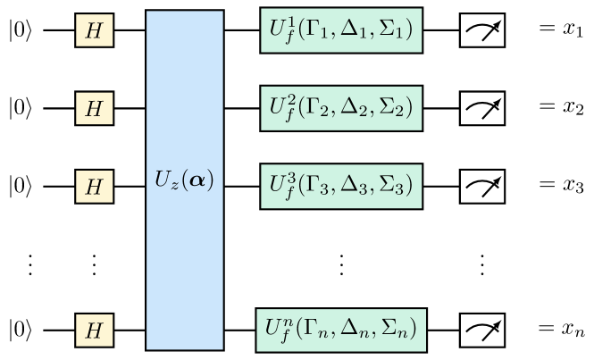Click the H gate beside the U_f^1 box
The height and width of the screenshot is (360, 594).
point(94,31)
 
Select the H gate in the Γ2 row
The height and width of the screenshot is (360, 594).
point(94,109)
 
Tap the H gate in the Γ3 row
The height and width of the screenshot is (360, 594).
point(94,188)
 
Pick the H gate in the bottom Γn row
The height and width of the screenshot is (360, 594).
point(94,331)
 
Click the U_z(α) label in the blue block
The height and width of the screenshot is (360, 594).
point(185,180)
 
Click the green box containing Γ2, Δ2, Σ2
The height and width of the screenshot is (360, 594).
point(341,109)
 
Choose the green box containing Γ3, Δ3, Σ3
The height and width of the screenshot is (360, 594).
point(341,187)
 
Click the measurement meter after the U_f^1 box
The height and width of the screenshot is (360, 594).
point(482,31)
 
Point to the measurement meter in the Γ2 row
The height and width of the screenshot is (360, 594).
point(482,109)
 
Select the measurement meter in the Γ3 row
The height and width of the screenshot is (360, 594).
point(482,187)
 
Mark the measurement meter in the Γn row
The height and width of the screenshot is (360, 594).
point(482,331)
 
